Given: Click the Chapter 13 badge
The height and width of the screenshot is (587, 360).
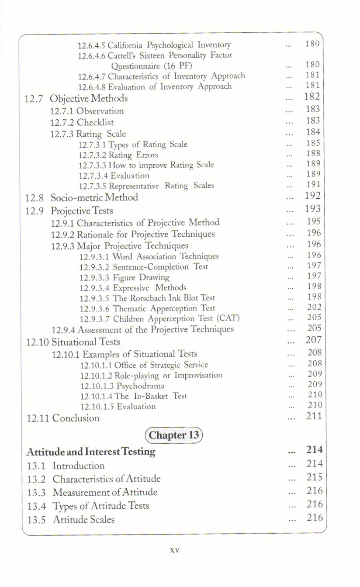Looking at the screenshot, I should point(174,435).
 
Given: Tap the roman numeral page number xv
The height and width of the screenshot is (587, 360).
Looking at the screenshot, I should point(174,550).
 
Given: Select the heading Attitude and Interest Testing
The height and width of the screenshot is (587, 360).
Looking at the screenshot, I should point(91,452).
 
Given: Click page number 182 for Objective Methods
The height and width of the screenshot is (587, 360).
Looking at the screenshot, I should point(312,97).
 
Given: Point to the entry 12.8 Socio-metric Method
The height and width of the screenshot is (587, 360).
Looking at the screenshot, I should point(81,197).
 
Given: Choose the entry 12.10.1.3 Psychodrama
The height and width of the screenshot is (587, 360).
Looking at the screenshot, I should point(122,386).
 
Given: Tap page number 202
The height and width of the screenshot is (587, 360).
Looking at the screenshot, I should point(314,307).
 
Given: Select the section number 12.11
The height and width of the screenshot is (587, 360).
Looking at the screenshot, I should point(38,418).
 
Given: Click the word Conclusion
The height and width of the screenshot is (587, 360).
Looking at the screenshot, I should point(76,418).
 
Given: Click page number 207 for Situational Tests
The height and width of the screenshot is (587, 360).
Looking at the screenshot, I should point(314,340).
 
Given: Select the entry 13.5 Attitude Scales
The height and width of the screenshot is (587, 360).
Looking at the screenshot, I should point(71,520).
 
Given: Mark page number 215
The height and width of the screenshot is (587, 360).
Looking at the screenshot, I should point(315,477).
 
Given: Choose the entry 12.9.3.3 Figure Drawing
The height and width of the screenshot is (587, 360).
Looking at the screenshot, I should point(124,277).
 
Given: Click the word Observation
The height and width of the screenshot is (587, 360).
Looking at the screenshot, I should point(100,111).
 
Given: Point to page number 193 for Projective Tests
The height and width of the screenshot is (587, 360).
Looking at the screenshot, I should point(313,209).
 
